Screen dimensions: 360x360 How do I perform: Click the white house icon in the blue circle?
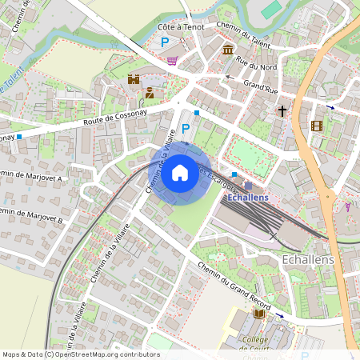coord(180,172)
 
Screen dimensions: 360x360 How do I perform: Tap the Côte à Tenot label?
coord(180,26)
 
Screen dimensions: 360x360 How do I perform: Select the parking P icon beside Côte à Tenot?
coord(166,42)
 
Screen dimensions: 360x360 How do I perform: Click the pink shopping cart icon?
coord(172,60)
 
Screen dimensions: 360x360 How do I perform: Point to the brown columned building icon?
coord(228,51)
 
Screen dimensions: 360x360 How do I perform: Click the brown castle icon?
coord(134,79)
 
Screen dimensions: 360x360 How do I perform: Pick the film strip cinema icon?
coord(317,126)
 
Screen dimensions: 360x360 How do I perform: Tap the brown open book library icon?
coord(259,314)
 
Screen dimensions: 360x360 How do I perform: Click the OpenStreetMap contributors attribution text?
coord(80,354)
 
